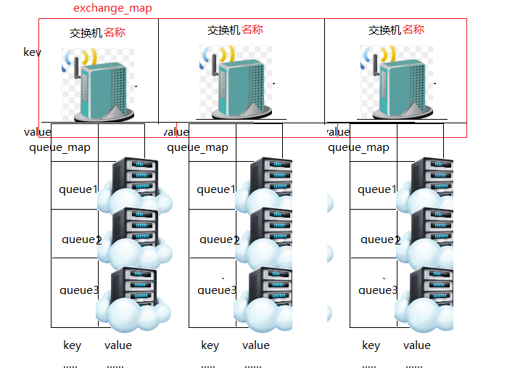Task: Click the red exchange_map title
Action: click(112, 9)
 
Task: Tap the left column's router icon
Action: click(98, 83)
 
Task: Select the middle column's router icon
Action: click(236, 81)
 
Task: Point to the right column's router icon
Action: click(397, 81)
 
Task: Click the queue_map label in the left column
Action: click(59, 147)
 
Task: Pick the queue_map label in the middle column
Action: click(197, 147)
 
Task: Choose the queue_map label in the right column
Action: click(358, 147)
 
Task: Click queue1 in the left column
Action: click(78, 189)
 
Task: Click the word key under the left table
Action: click(72, 345)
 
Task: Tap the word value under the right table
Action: click(416, 345)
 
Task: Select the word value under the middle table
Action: click(255, 345)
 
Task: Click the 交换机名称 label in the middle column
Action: click(235, 30)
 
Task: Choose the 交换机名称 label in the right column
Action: click(396, 30)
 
